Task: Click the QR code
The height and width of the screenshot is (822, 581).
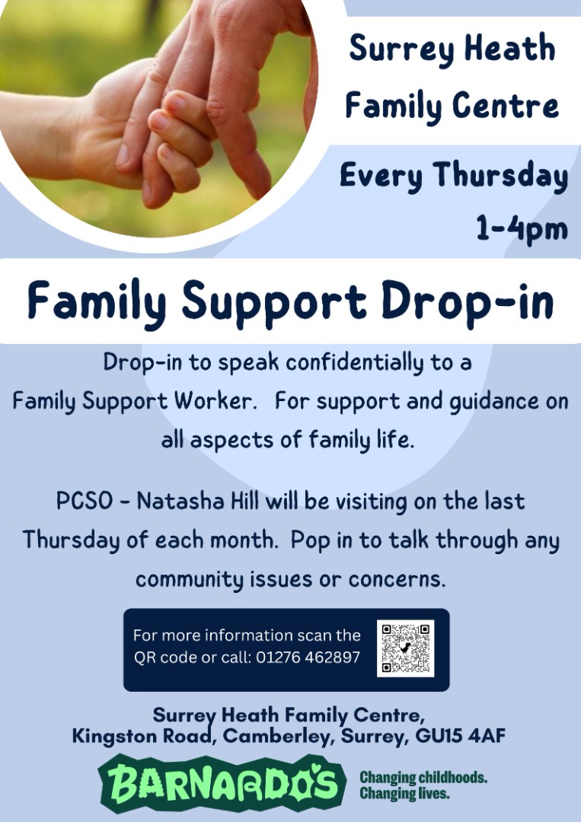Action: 405,648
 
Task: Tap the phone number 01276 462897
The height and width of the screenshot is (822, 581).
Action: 308,658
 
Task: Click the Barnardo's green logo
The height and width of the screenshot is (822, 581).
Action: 222,784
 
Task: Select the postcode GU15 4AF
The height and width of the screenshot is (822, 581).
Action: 461,736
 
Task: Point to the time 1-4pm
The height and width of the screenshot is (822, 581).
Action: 522,229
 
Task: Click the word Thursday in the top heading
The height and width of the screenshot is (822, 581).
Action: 500,176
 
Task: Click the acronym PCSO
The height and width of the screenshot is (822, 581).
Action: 84,501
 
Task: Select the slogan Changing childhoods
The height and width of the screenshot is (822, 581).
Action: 423,777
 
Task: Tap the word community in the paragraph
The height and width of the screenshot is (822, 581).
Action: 190,580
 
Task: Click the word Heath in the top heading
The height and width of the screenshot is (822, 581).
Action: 509,48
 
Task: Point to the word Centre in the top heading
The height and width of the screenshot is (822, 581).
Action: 506,105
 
